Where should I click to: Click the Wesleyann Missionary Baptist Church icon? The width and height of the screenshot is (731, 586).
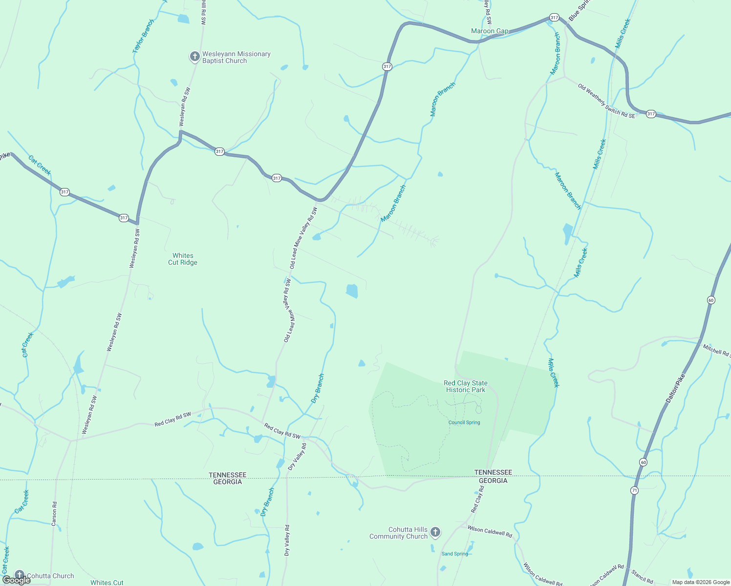pyautogui.click(x=194, y=57)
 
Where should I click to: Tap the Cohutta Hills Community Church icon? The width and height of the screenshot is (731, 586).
pyautogui.click(x=435, y=532)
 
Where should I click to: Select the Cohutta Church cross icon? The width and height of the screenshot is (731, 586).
pyautogui.click(x=20, y=575)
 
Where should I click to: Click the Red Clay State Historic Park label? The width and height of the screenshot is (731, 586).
pyautogui.click(x=465, y=386)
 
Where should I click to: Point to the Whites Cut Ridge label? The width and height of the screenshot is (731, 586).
pyautogui.click(x=183, y=259)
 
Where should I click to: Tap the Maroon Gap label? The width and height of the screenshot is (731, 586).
pyautogui.click(x=490, y=31)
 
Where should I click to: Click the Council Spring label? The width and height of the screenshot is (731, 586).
pyautogui.click(x=464, y=422)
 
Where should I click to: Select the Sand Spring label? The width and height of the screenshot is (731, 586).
pyautogui.click(x=454, y=554)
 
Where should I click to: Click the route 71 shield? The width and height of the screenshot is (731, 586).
pyautogui.click(x=634, y=490)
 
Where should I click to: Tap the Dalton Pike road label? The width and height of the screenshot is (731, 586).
pyautogui.click(x=675, y=388)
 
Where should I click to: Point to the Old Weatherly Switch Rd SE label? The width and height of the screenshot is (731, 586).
pyautogui.click(x=606, y=101)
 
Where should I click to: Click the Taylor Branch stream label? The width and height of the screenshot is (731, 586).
pyautogui.click(x=143, y=36)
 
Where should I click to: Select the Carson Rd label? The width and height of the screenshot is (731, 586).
pyautogui.click(x=54, y=514)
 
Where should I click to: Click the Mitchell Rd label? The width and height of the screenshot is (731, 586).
pyautogui.click(x=716, y=350)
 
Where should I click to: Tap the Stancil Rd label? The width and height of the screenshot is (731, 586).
pyautogui.click(x=642, y=577)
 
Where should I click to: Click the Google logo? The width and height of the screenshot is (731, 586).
pyautogui.click(x=16, y=580)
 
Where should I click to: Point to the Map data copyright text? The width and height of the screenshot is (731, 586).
pyautogui.click(x=701, y=582)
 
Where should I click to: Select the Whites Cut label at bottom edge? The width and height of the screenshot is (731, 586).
pyautogui.click(x=107, y=582)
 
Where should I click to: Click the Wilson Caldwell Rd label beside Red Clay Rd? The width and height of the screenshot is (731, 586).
pyautogui.click(x=490, y=531)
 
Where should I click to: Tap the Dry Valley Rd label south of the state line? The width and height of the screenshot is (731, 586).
pyautogui.click(x=287, y=540)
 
